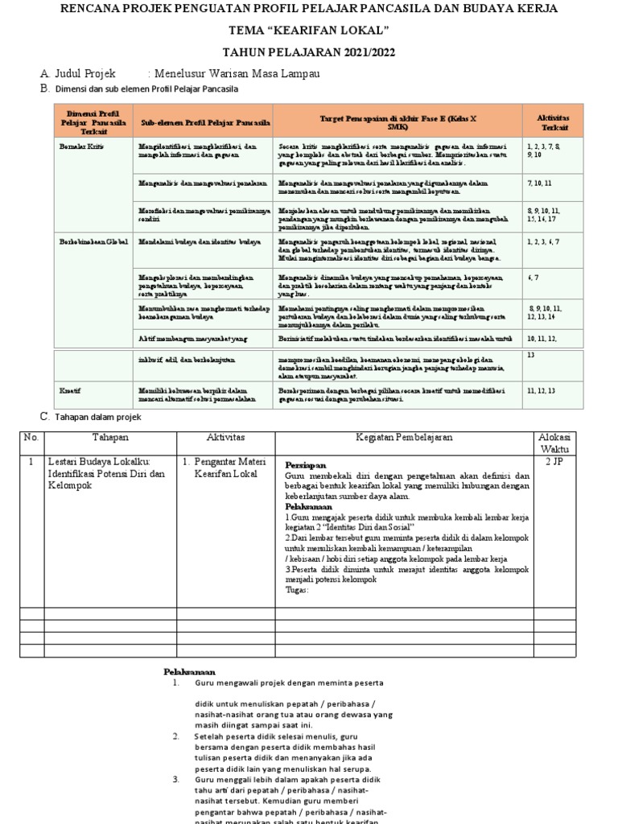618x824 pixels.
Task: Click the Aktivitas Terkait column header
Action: pos(554,122)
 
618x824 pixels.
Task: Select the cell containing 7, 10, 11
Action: pos(540,183)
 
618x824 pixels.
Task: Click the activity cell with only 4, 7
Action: pos(533,277)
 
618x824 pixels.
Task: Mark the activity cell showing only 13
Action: pos(531,354)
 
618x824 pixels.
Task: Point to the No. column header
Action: pos(31,437)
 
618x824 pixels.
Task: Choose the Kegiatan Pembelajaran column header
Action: pos(405,437)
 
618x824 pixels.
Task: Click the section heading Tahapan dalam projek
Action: pos(97,416)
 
